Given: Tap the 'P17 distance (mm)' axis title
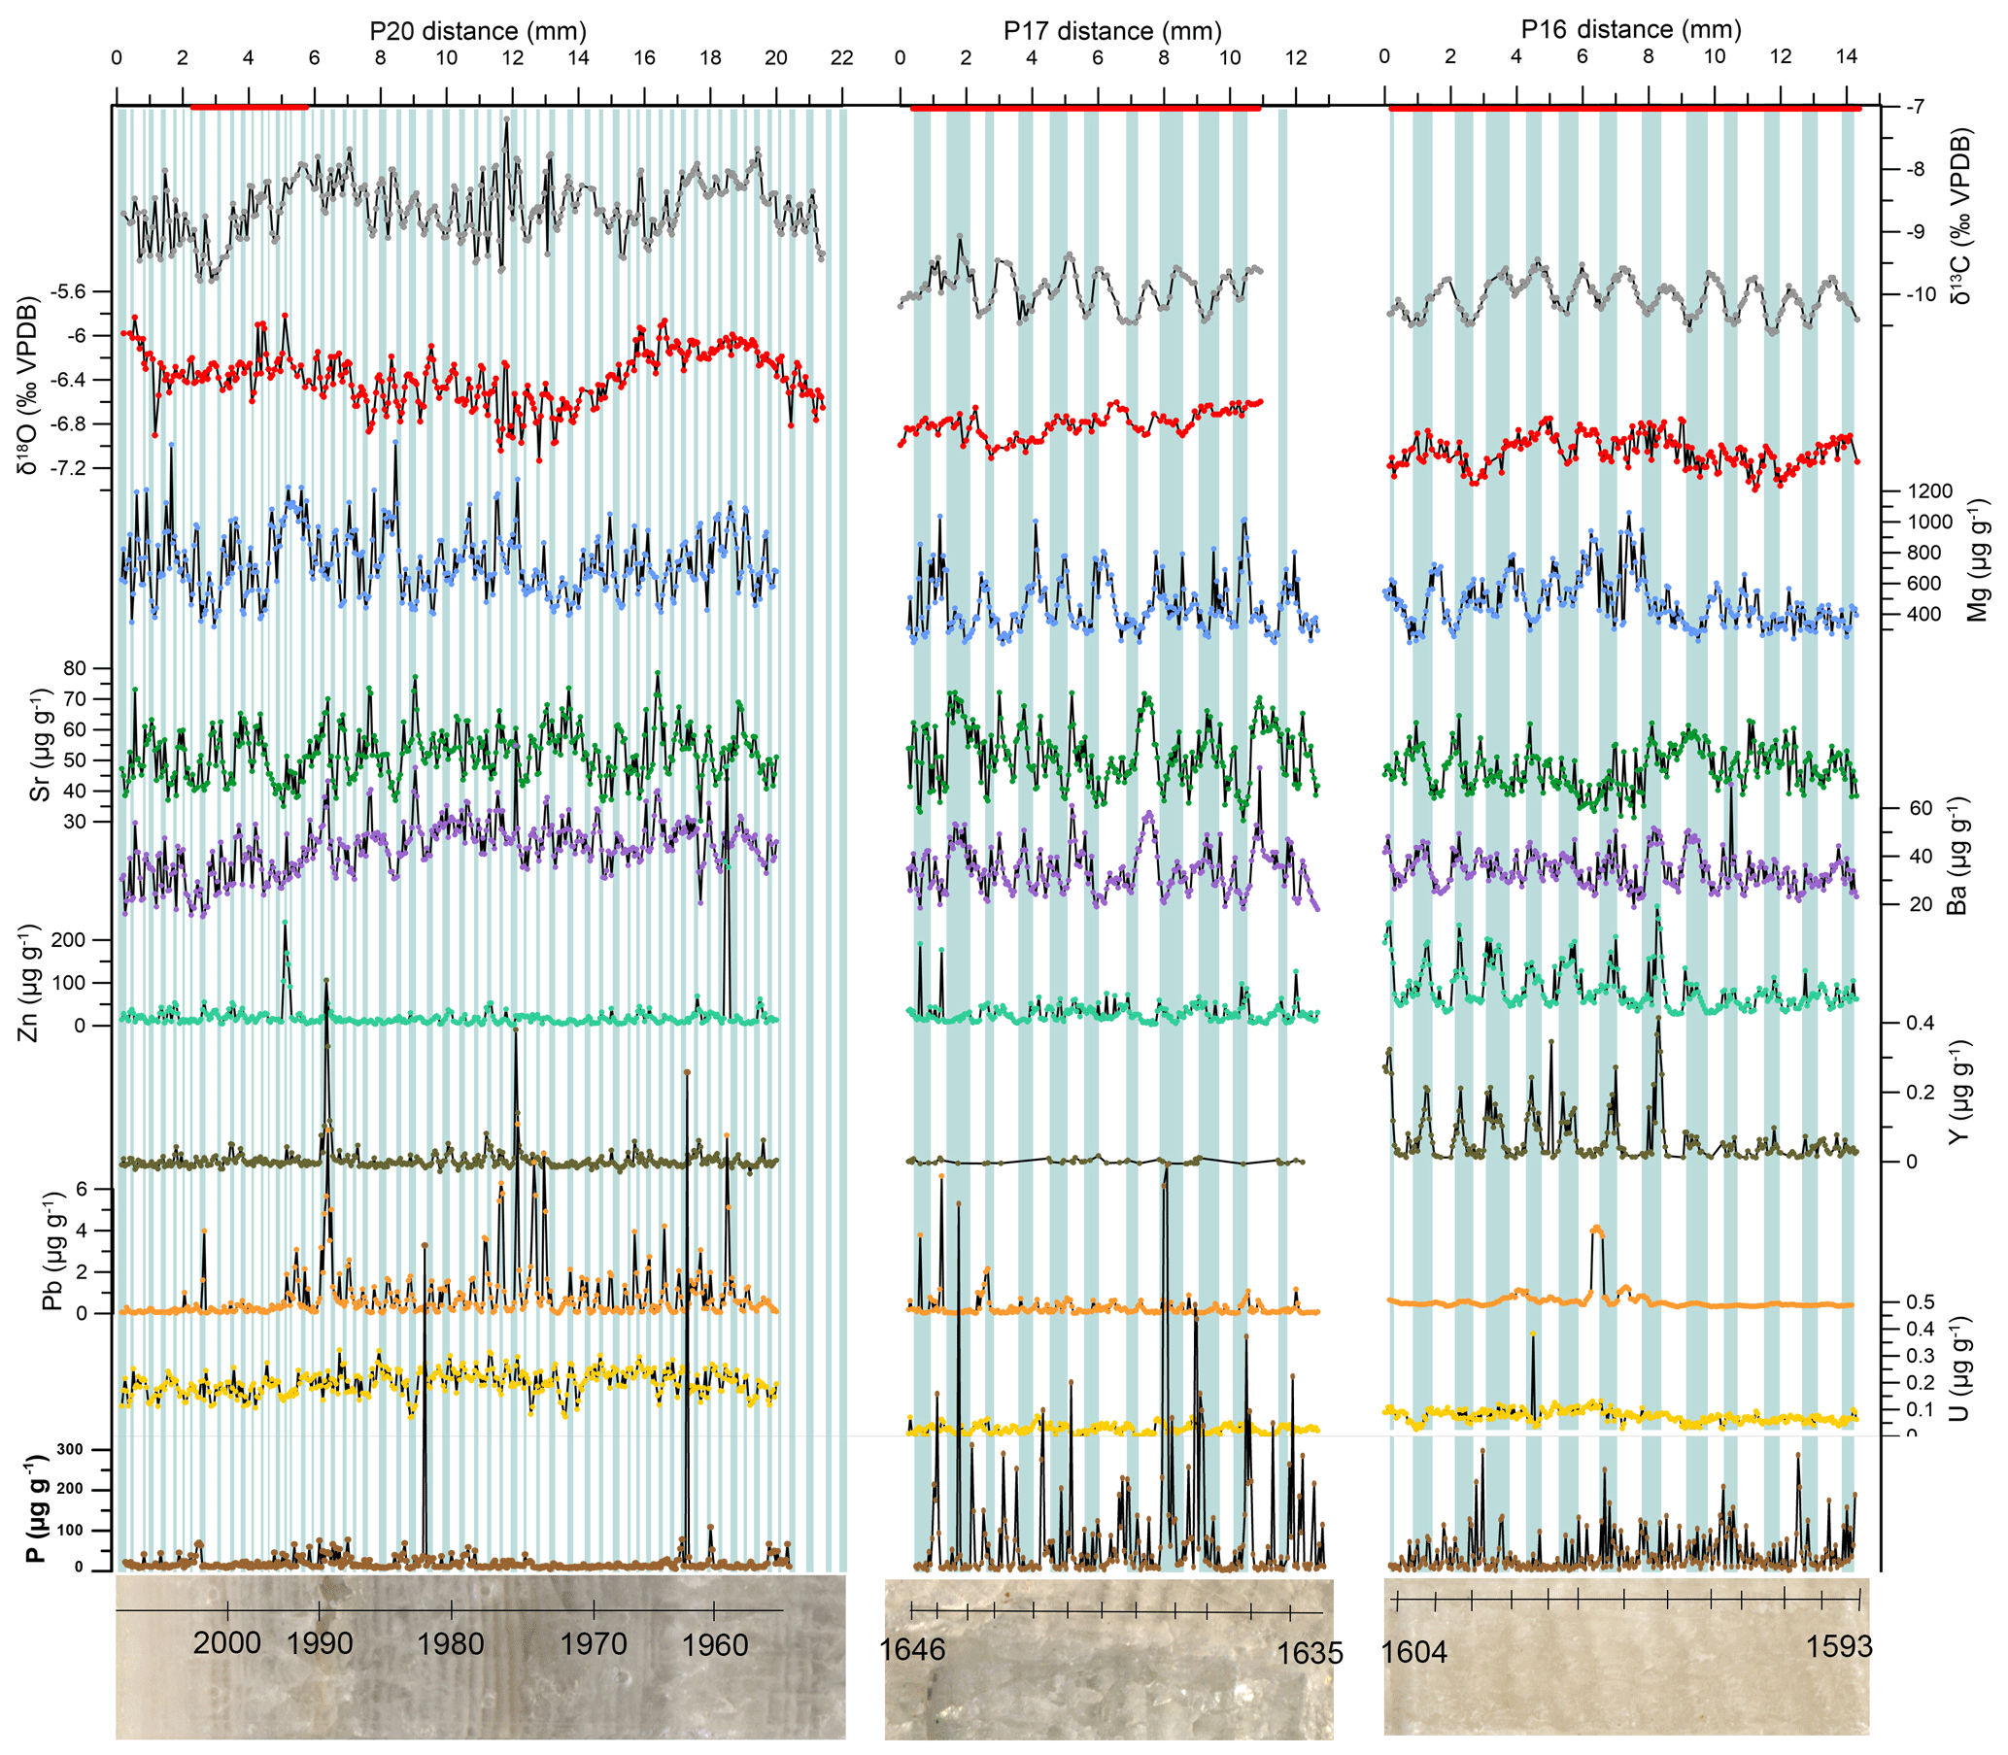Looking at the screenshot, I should click(1112, 31).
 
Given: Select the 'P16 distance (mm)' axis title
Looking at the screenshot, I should click(1631, 29).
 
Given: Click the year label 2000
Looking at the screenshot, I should click(226, 1642).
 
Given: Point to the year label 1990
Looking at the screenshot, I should click(321, 1642).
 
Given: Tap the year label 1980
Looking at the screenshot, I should click(451, 1642).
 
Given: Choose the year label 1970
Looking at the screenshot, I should click(594, 1642).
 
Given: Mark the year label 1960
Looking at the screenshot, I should click(715, 1642).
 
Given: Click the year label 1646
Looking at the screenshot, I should click(912, 1650).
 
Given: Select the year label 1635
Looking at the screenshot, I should click(1310, 1652).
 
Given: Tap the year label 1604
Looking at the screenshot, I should click(1413, 1652).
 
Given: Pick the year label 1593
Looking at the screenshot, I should click(1840, 1646).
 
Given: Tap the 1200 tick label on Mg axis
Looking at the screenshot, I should click(1929, 490).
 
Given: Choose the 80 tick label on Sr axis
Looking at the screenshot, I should click(75, 668).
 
